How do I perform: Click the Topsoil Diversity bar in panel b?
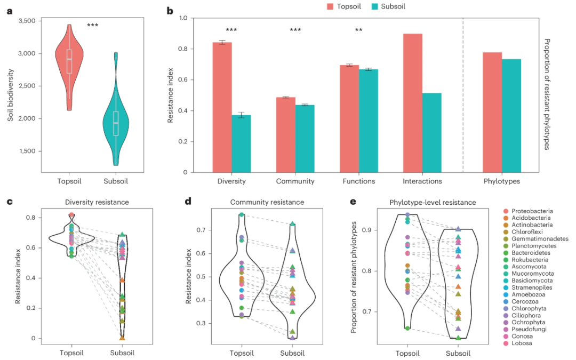(222, 107)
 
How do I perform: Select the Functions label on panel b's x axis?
(357, 181)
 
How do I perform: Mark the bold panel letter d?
(187, 201)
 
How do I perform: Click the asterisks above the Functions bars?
(359, 30)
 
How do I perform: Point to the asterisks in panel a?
(92, 25)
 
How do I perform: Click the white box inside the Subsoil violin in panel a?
(115, 123)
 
